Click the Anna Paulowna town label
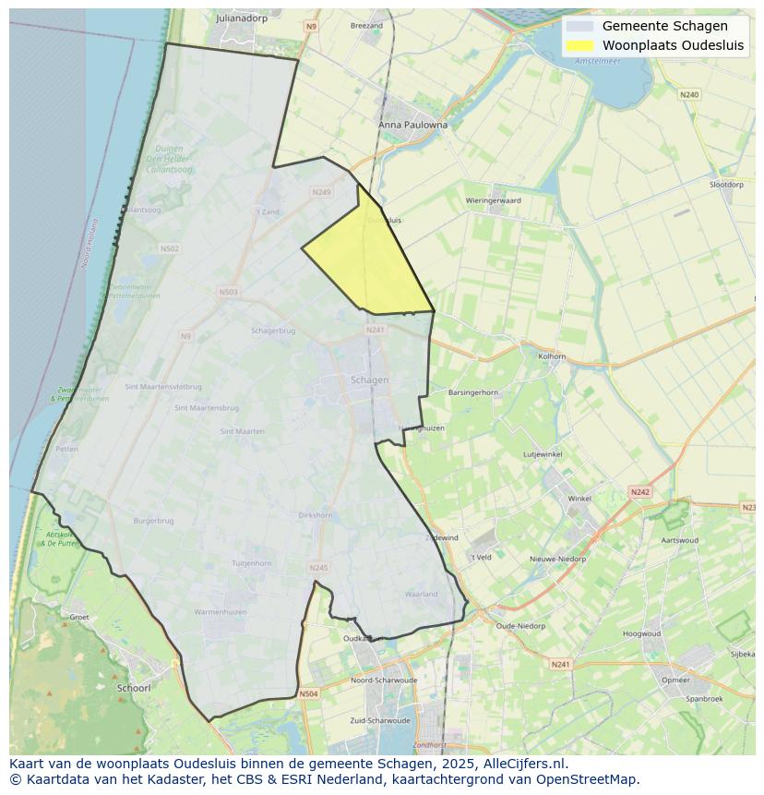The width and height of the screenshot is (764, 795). (412, 125)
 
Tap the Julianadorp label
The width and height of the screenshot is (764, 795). (240, 18)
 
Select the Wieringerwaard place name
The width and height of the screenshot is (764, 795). (493, 200)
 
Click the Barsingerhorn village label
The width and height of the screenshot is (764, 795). (472, 392)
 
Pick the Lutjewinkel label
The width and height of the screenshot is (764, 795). (543, 454)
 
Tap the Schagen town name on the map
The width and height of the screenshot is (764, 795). (370, 379)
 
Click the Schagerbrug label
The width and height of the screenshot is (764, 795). (273, 331)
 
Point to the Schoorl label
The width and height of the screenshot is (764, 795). (134, 688)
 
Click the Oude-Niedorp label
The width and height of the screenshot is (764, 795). (520, 626)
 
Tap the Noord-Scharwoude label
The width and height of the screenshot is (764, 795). (384, 681)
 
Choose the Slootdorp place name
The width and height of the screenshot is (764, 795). (726, 185)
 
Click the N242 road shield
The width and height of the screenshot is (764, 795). (639, 493)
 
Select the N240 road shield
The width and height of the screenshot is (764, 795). (689, 94)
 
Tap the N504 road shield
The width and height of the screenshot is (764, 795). (308, 693)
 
